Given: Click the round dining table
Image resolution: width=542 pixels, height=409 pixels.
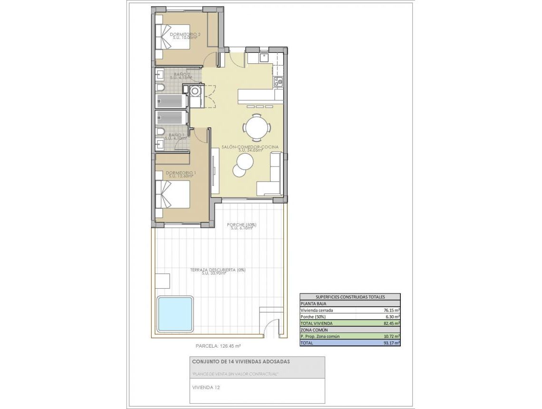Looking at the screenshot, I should pyautogui.click(x=257, y=128).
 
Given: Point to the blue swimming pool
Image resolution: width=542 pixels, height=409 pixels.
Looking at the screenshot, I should pyautogui.click(x=175, y=314).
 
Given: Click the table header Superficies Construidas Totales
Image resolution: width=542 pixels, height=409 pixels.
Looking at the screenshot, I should pyautogui.click(x=350, y=297).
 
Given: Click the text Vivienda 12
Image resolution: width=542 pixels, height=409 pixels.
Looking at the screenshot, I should pyautogui.click(x=206, y=388).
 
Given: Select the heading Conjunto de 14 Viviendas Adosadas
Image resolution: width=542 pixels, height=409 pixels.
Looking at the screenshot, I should pyautogui.click(x=241, y=361).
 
